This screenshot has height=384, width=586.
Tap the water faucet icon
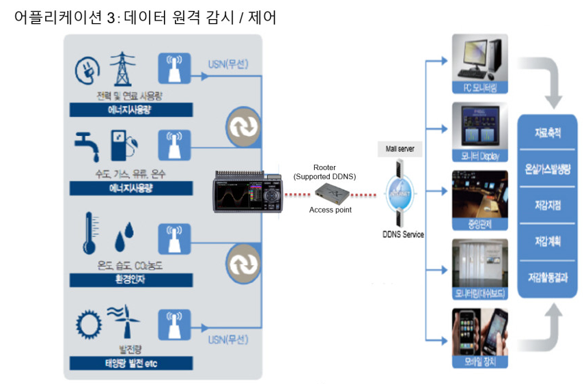pyautogui.click(x=85, y=144)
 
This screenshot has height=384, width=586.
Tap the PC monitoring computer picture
pyautogui.click(x=480, y=60)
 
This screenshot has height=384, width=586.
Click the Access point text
pyautogui.click(x=331, y=210)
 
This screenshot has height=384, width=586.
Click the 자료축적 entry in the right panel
pyautogui.click(x=548, y=133)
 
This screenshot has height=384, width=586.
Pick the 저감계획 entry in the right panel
pyautogui.click(x=548, y=241)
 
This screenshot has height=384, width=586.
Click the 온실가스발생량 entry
pyautogui.click(x=548, y=168)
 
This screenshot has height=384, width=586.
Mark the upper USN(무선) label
pyautogui.click(x=227, y=65)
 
